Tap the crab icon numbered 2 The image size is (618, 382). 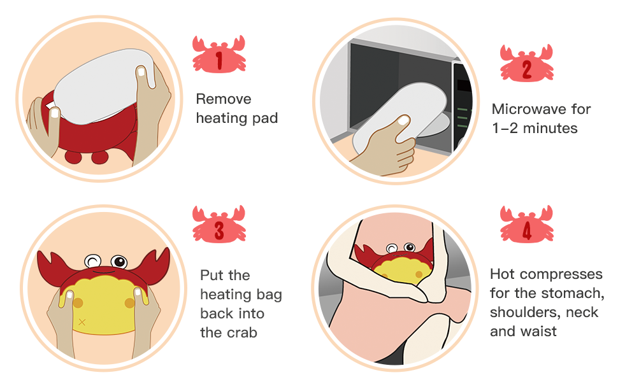(526, 64)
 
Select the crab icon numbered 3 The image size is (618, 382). (219, 224)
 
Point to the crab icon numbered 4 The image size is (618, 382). (526, 225)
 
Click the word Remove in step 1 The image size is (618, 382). (224, 99)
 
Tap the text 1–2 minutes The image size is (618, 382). (535, 129)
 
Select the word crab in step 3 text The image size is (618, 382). (241, 332)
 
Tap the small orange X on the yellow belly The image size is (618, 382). (82, 322)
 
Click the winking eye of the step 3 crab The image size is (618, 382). (93, 261)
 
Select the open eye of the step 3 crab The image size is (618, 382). (119, 261)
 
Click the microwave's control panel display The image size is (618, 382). (463, 85)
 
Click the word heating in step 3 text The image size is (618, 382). (224, 294)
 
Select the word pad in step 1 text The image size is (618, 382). (265, 118)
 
